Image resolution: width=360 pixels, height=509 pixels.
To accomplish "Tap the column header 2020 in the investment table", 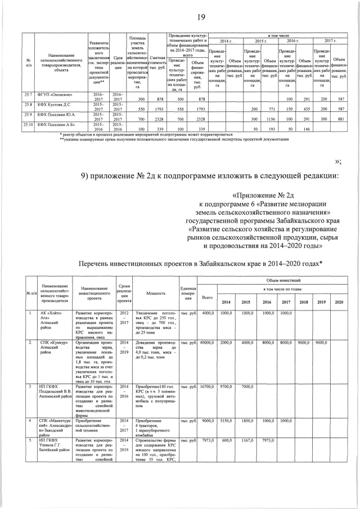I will [x=339, y=302].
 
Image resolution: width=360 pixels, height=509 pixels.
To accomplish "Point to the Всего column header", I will [x=207, y=297].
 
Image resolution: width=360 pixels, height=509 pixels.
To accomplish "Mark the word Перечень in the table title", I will [x=97, y=264].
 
